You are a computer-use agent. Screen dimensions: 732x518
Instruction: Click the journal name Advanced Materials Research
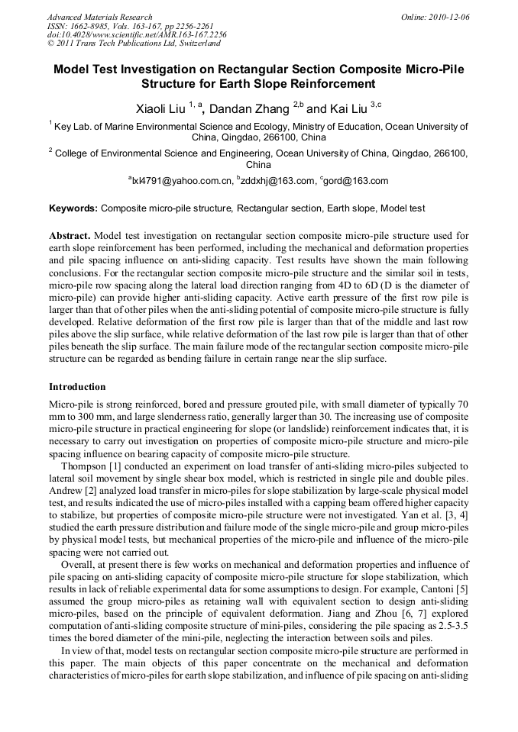point(99,17)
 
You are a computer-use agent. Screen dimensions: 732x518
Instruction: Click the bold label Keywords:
point(73,208)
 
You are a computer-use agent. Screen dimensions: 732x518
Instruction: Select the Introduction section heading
point(77,386)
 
